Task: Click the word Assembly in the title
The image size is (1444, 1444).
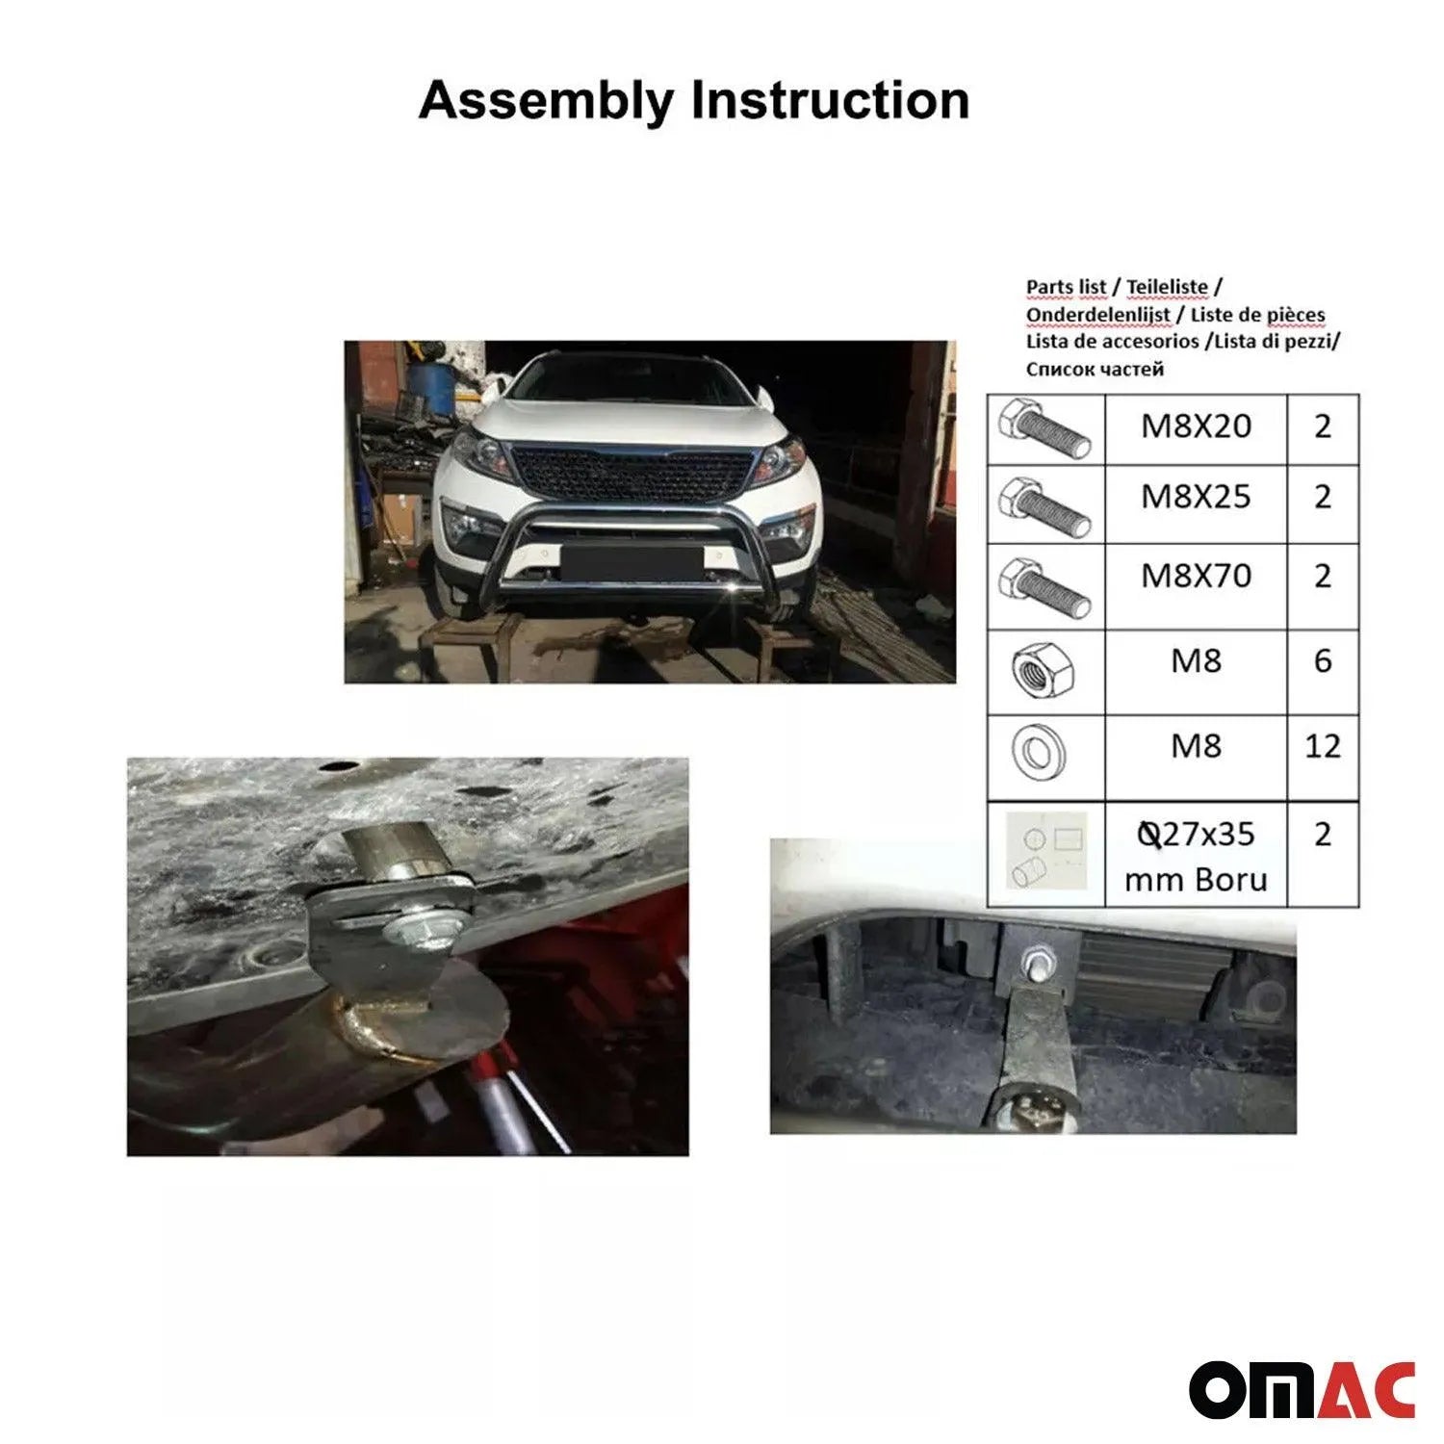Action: point(546,101)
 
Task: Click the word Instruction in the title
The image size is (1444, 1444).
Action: point(830,101)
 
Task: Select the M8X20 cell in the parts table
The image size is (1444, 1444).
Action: point(1196,425)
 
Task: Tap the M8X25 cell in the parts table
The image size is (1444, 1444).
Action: point(1196,497)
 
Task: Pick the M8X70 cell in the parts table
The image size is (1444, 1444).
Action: point(1196,576)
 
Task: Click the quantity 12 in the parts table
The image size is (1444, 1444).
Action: point(1322,746)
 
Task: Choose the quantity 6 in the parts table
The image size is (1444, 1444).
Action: point(1322,660)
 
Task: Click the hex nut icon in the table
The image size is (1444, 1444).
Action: point(1044,670)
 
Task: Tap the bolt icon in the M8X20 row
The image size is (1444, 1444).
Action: point(1045,429)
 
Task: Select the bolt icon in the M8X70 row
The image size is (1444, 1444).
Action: point(1045,587)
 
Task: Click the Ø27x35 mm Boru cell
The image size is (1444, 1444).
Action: point(1196,856)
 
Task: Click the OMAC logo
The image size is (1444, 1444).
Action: point(1302,1389)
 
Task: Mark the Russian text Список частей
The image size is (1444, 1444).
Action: point(1095,369)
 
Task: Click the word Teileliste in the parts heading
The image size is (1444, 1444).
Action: point(1167,287)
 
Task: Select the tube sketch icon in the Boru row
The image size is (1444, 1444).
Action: point(1044,854)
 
